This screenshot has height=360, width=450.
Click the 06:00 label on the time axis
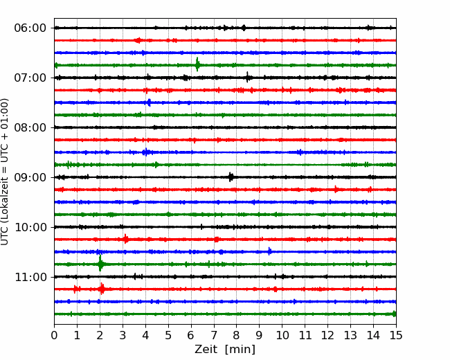point(30,28)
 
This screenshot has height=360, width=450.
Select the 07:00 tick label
point(30,78)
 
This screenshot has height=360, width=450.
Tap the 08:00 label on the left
point(30,128)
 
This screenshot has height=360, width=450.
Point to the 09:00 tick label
point(30,177)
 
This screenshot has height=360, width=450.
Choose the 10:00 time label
point(30,227)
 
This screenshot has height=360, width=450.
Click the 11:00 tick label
point(30,278)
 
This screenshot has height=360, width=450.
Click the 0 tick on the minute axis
point(54,335)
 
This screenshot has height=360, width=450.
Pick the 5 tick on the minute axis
point(168,335)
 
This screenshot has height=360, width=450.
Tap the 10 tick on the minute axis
point(282,335)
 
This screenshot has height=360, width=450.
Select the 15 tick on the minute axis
point(396,335)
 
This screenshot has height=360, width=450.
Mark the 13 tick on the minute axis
point(350,335)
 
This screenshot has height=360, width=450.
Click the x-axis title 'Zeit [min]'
point(225,350)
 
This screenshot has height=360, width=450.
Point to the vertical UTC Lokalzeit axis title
point(5,172)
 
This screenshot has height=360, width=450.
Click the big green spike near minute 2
point(100,264)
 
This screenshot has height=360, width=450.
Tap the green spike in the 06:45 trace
point(197,64)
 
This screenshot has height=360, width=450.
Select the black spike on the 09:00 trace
point(231,177)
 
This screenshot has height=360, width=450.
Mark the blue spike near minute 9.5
point(269,251)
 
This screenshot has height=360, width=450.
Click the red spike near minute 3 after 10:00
point(125,239)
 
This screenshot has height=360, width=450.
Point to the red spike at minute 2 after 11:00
point(102,289)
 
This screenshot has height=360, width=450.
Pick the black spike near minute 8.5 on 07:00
point(248,78)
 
